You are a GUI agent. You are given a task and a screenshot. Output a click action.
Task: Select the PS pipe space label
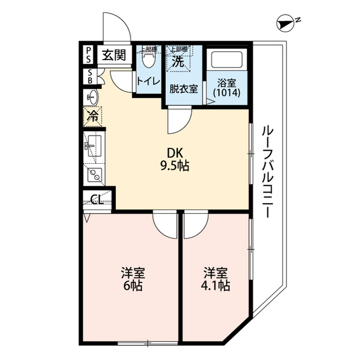(89, 56)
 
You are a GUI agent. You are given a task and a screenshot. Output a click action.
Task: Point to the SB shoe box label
(89, 76)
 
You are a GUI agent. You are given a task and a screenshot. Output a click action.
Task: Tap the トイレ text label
(147, 81)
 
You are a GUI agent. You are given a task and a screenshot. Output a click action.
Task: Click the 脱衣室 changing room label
(183, 88)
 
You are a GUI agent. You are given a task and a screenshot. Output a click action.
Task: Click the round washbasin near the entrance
(92, 98)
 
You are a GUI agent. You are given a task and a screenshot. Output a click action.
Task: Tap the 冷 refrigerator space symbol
(92, 118)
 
